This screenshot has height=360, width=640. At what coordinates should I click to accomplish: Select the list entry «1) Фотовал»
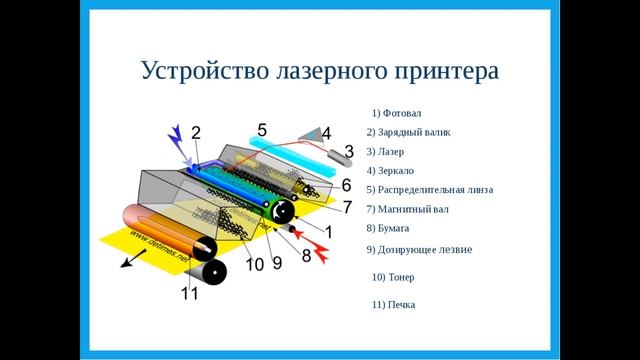pyautogui.click(x=395, y=112)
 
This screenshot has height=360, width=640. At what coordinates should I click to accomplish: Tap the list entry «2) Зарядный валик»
pyautogui.click(x=409, y=131)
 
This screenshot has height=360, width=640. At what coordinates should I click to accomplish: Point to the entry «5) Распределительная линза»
pyautogui.click(x=430, y=189)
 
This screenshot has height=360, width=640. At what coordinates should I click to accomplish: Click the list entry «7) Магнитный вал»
pyautogui.click(x=407, y=209)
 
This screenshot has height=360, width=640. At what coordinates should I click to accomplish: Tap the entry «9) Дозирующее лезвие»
pyautogui.click(x=419, y=249)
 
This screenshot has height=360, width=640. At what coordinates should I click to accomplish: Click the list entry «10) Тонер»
pyautogui.click(x=392, y=277)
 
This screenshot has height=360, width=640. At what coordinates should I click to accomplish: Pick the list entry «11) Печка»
pyautogui.click(x=392, y=304)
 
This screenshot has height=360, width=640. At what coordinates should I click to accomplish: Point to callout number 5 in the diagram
pyautogui.click(x=262, y=129)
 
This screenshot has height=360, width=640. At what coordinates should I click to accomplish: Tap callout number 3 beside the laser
pyautogui.click(x=349, y=151)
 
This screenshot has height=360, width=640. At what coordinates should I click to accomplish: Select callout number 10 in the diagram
pyautogui.click(x=254, y=264)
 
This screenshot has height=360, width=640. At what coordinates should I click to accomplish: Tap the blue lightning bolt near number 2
pyautogui.click(x=181, y=140)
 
